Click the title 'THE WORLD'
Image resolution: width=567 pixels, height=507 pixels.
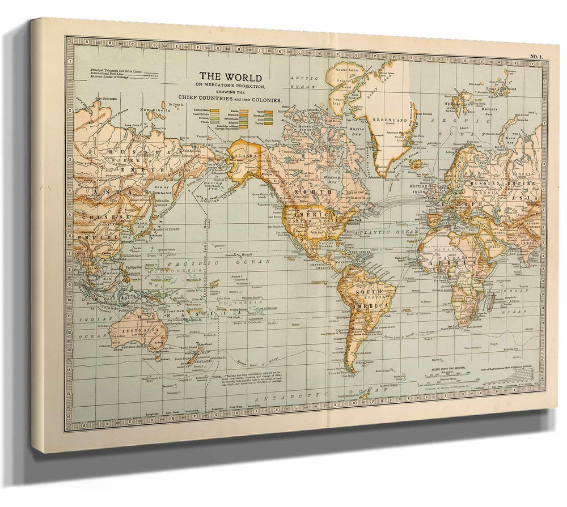(230, 78)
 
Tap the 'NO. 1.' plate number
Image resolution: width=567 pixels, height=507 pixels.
(536, 56)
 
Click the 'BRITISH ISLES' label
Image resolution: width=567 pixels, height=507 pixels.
(421, 188)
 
